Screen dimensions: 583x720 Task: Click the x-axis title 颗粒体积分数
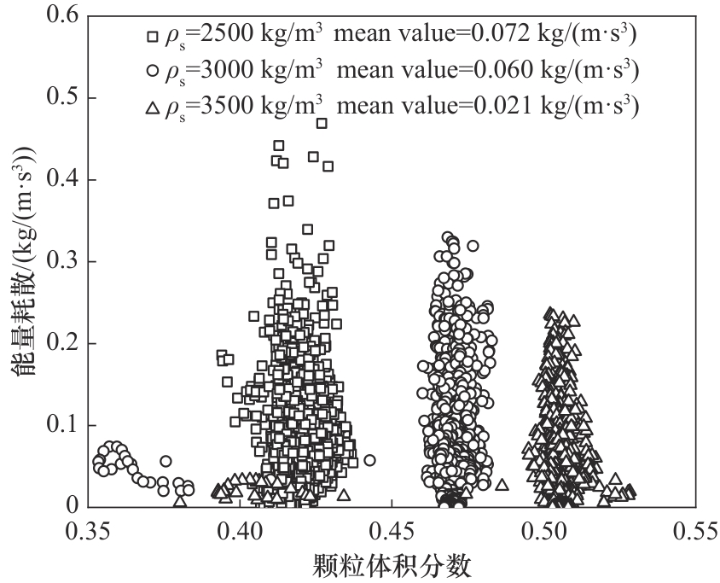point(392,565)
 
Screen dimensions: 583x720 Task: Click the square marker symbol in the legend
point(153,37)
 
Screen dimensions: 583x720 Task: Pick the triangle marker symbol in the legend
point(153,108)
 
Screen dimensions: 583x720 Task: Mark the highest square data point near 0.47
point(322,123)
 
